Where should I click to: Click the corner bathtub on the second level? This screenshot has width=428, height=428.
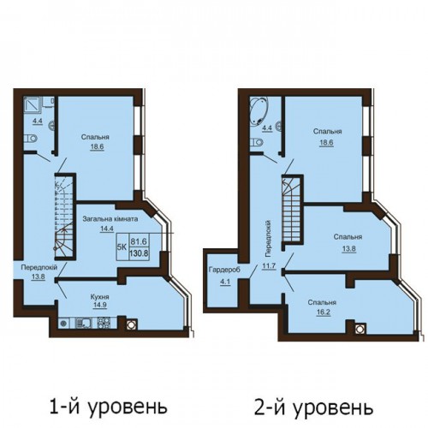pos(259,110)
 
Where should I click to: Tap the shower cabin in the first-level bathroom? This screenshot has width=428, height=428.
pos(33,107)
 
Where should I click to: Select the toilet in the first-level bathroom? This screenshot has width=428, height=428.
pos(31,139)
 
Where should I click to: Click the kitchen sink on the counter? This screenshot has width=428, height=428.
pos(83,323)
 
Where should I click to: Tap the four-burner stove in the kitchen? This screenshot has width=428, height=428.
pos(103,323)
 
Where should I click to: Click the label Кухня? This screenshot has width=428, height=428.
pos(99,297)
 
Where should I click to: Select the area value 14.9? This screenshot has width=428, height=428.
pos(99,305)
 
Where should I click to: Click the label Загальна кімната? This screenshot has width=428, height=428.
pos(110,219)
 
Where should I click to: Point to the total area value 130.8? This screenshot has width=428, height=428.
pos(139,253)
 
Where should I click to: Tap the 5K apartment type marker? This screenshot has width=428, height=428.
pos(122,247)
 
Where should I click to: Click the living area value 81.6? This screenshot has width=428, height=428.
pos(139,241)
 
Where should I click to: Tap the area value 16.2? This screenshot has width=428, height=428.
pos(323,312)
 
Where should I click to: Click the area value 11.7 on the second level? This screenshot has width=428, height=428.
pos(269,266)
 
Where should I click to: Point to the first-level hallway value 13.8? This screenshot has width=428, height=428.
pos(38,276)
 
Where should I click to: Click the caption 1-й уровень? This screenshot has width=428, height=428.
pos(108,407)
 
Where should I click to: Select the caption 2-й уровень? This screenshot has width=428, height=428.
pos(313,407)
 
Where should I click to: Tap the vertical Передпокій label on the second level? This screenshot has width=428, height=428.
pos(268,238)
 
